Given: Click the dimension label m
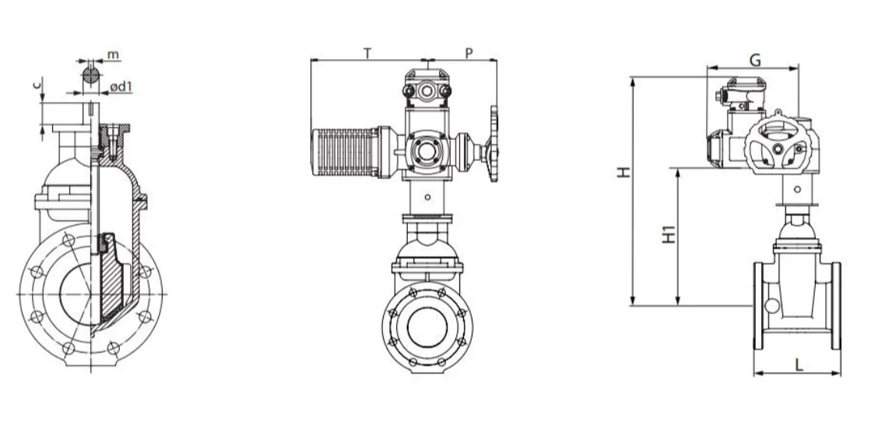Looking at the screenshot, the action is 113,54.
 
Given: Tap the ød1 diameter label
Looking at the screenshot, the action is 121,87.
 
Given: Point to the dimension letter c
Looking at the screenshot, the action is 37,84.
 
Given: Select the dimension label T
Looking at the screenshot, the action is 367,54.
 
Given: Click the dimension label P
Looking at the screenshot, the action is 469,54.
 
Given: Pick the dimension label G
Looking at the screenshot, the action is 755,60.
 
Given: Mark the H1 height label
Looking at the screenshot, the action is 669,233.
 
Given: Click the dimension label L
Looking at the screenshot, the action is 799,365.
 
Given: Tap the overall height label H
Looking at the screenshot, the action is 624,172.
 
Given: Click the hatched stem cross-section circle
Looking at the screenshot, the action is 91,75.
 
